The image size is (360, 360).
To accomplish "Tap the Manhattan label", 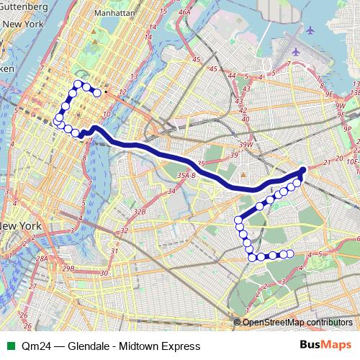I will coord(114,13).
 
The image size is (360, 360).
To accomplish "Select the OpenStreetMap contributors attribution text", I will coord(297,322).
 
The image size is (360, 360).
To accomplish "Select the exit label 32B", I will coord(140,212).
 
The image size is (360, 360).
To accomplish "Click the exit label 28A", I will coord(42,258).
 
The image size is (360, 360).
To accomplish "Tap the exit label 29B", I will coord(68,269).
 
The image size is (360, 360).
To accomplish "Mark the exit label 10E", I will coord(353,162).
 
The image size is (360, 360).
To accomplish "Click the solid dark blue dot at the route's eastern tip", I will coord(302,170).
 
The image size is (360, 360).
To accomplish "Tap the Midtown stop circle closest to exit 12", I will coord(96,92).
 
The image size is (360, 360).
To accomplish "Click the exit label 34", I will coord(172,192).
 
